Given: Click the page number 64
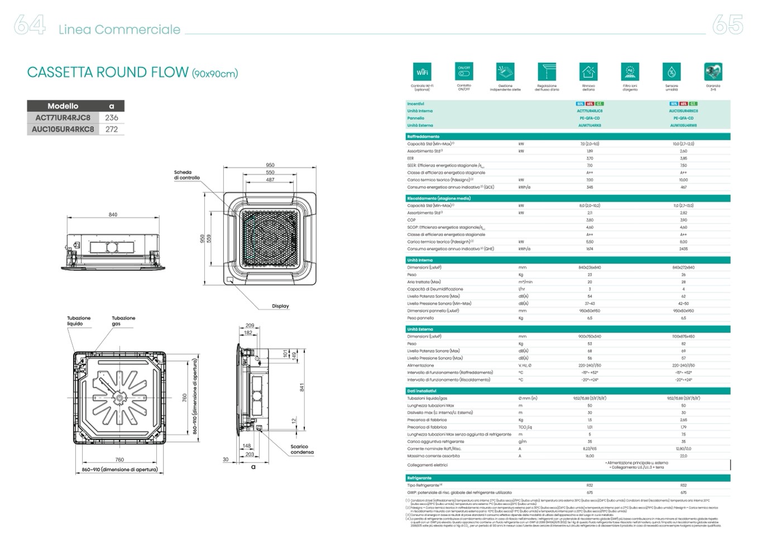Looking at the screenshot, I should [29, 25].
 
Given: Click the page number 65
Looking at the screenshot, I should [728, 25].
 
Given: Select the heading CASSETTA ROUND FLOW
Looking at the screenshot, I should [108, 72].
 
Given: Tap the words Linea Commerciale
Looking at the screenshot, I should [119, 30].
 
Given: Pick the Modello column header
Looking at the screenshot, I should [63, 106].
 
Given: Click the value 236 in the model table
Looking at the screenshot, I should [112, 117].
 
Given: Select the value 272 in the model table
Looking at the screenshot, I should [112, 129].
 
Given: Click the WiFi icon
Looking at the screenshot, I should [422, 72].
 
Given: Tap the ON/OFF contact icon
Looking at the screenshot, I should [464, 72].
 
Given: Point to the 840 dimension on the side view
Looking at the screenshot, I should [113, 215].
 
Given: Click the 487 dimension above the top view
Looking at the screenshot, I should [270, 180].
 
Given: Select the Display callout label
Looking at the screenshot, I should [280, 306].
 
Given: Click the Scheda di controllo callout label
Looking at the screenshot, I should [186, 175].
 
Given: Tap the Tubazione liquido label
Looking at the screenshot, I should [79, 321].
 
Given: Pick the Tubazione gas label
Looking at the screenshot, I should [123, 321].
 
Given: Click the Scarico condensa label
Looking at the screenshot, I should [302, 449].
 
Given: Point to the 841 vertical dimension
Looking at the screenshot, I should [302, 387].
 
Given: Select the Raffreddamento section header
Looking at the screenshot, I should [423, 136].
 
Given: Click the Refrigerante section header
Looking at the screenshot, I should [419, 478].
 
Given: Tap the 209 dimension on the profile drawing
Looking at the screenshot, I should [250, 325].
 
